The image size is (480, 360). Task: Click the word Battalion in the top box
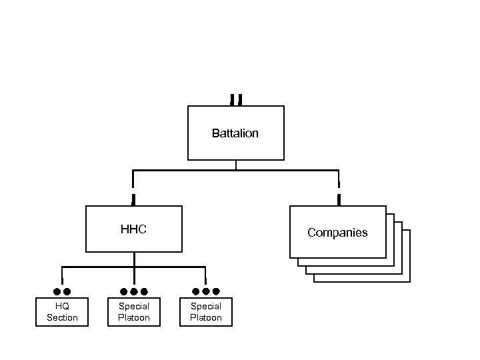pyautogui.click(x=235, y=133)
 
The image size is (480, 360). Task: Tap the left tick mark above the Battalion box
pyautogui.click(x=232, y=99)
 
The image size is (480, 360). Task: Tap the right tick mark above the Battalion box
pyautogui.click(x=240, y=99)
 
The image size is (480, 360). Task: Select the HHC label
pyautogui.click(x=133, y=229)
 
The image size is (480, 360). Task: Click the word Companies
pyautogui.click(x=337, y=233)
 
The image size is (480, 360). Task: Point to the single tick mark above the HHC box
pyautogui.click(x=133, y=198)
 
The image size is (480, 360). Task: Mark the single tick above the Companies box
pyautogui.click(x=339, y=198)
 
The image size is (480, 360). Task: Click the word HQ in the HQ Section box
pyautogui.click(x=62, y=306)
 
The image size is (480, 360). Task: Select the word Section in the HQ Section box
pyautogui.click(x=62, y=317)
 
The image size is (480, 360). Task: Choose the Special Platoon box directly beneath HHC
pyautogui.click(x=134, y=312)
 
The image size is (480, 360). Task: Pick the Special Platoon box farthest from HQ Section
pyautogui.click(x=206, y=312)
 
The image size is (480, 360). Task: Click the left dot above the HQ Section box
pyautogui.click(x=57, y=291)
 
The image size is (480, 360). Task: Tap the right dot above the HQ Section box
pyautogui.click(x=67, y=291)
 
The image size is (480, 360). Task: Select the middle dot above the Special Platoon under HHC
pyautogui.click(x=134, y=291)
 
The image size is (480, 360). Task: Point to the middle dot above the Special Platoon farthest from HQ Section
pyautogui.click(x=206, y=291)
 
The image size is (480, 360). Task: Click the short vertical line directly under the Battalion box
pyautogui.click(x=235, y=165)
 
